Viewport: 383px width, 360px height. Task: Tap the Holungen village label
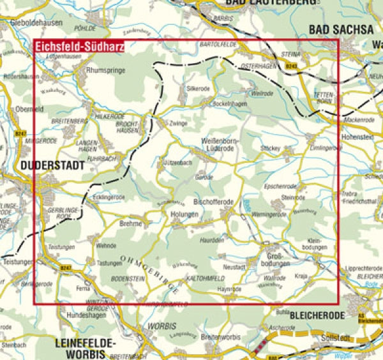[x=184, y=214]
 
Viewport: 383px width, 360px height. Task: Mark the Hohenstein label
[x=358, y=136]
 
